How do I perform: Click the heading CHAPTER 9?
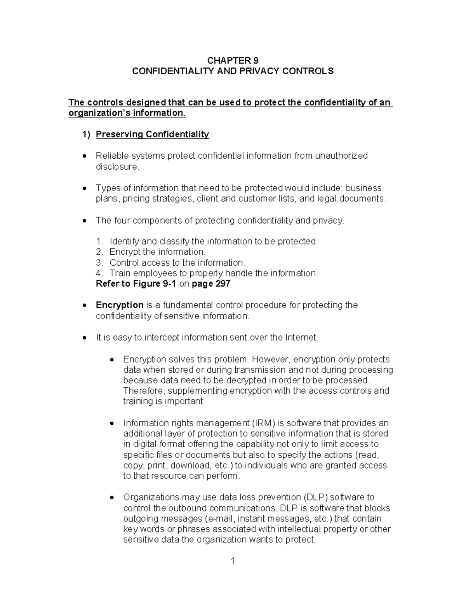(x=233, y=60)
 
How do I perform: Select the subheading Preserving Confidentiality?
(x=152, y=134)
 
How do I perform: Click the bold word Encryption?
(x=120, y=305)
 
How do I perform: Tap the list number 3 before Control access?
(x=99, y=263)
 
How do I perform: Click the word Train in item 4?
(x=119, y=273)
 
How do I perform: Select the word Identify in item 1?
(x=124, y=241)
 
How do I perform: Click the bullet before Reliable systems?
(x=85, y=156)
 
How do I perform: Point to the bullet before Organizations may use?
(x=112, y=497)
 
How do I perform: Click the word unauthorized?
(x=341, y=156)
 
